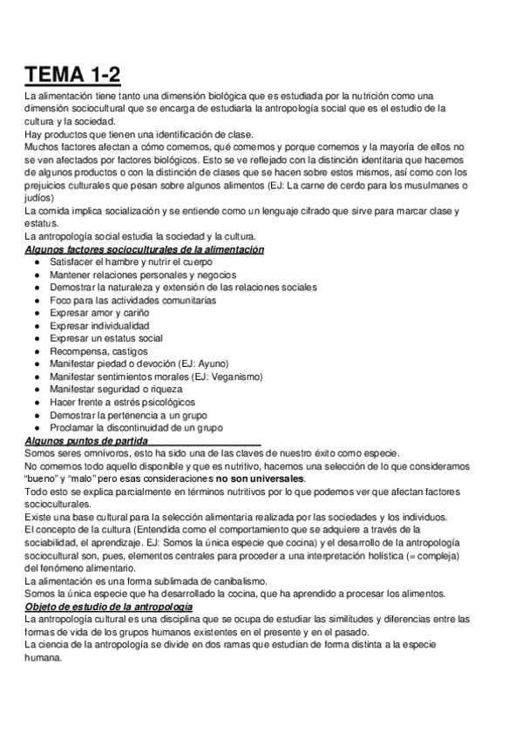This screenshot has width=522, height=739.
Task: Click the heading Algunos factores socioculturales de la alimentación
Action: tap(145, 250)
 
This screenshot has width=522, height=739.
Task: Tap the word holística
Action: tap(383, 555)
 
